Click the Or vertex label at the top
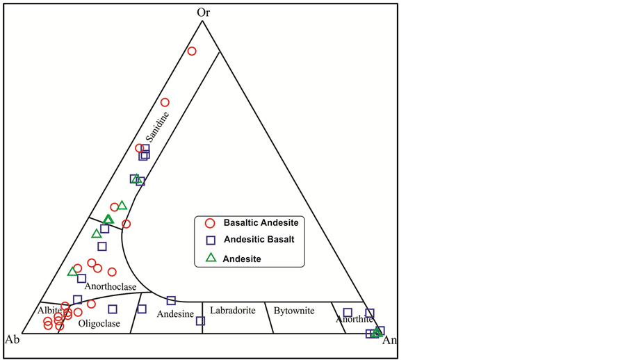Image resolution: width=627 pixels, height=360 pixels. coord(203,12)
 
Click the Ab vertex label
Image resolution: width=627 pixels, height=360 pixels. coord(12,339)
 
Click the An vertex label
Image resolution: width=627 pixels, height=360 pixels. coord(391,341)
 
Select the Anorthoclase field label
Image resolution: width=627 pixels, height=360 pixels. coord(111,286)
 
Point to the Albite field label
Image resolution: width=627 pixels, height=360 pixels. coord(49,310)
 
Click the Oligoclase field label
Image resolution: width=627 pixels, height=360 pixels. coord(99,324)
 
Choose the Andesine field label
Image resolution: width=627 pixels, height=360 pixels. coord(175,314)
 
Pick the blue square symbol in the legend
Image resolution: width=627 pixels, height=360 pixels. coord(211,240)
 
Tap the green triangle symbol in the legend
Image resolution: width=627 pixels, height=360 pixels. coord(211,258)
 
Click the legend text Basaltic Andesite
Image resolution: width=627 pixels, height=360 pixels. coord(261,223)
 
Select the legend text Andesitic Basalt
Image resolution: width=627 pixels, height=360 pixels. coord(259,240)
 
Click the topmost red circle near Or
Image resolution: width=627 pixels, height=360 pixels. coord(192,51)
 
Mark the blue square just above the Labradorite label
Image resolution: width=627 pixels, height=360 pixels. coord(200,321)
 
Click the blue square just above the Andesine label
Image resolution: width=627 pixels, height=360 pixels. coord(171,300)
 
